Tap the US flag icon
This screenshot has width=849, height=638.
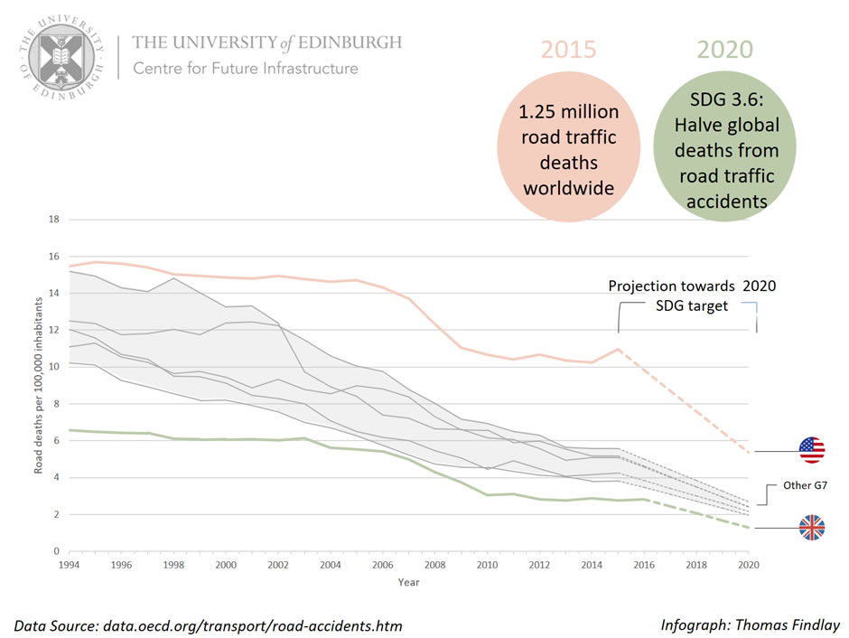pos(811,450)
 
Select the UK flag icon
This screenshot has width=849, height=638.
pos(811,528)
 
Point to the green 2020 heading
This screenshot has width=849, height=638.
pos(724,49)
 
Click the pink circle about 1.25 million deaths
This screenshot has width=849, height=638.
pos(568,150)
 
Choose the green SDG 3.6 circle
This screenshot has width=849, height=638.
pos(724,150)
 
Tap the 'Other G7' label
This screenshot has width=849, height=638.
pos(804,486)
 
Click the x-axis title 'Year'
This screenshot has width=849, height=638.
pos(408,582)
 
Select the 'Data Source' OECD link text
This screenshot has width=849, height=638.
pos(208,625)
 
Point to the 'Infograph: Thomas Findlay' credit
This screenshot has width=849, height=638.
pos(751,624)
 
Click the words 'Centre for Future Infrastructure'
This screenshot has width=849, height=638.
pos(246,69)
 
